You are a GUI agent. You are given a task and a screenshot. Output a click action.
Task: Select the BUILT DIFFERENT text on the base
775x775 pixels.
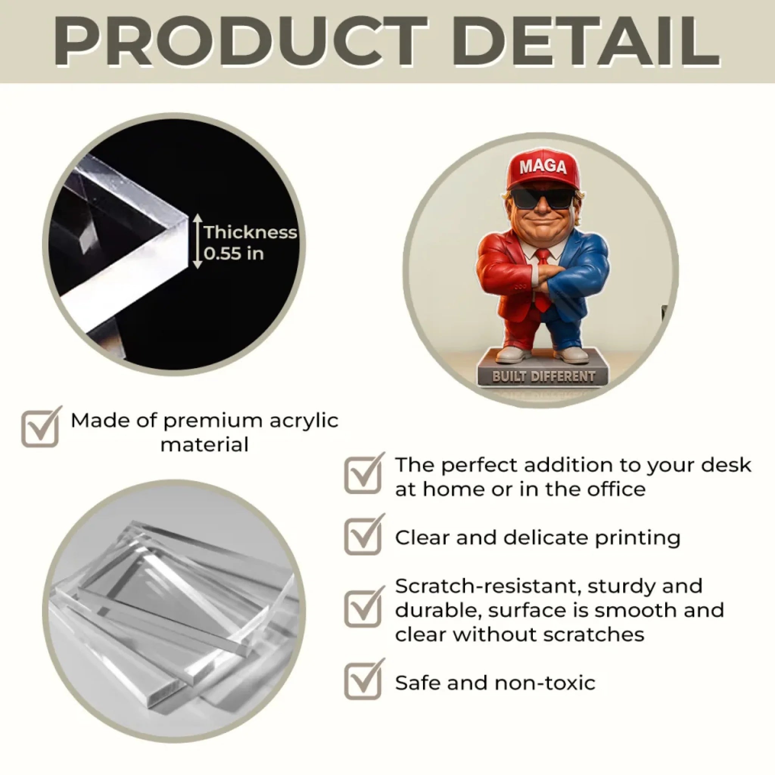[x=543, y=377]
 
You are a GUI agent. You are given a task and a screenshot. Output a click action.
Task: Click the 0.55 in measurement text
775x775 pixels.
[x=234, y=254]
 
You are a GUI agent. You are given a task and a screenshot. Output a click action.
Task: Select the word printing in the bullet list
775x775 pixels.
[x=638, y=539]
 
